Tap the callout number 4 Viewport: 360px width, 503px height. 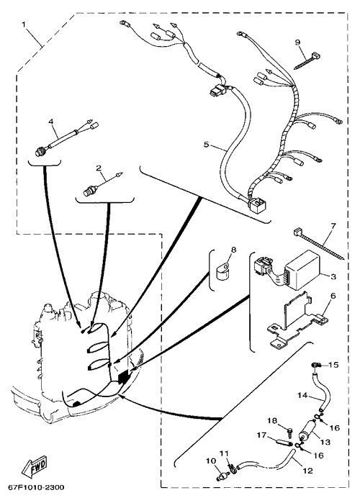click(50, 122)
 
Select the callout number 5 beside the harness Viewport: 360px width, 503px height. click(206, 145)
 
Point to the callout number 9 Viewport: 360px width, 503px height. click(297, 42)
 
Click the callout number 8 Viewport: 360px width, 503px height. click(233, 250)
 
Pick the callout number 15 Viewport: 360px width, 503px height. click(333, 365)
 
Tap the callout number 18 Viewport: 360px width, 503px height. click(272, 420)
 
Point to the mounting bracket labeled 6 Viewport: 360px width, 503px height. click(297, 321)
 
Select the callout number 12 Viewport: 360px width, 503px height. click(307, 471)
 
